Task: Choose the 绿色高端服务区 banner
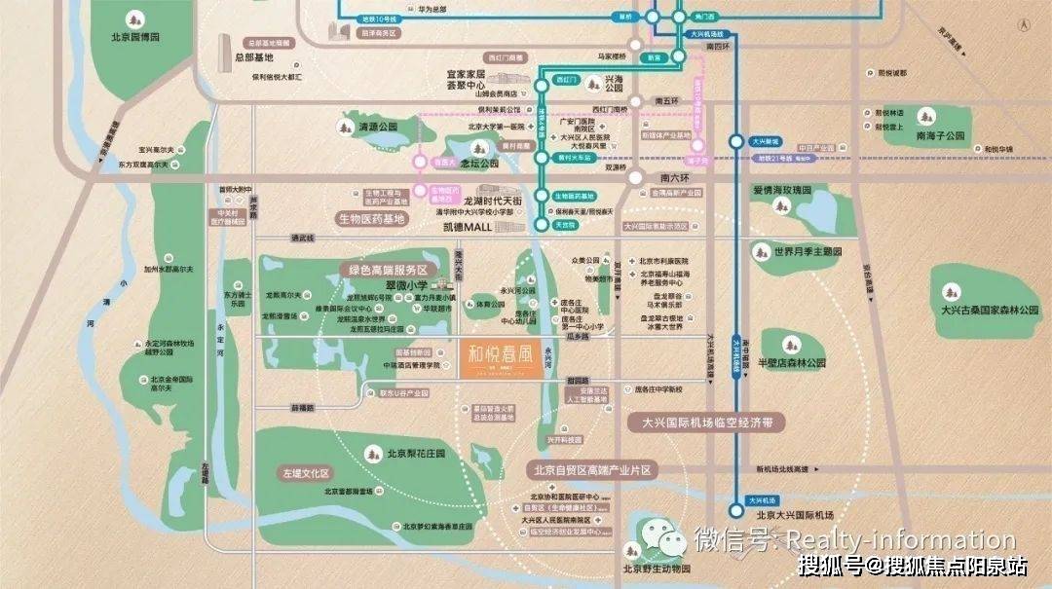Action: (x=389, y=269)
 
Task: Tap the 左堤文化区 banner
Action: (x=307, y=473)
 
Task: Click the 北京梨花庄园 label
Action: (x=415, y=454)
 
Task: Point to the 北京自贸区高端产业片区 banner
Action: (x=591, y=470)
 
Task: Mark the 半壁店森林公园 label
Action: (x=791, y=362)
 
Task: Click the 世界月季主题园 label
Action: (x=808, y=252)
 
